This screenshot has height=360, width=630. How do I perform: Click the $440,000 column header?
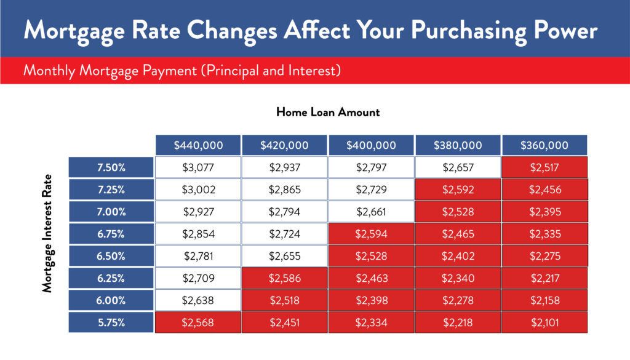point(198,145)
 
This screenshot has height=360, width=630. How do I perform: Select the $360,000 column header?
point(544,145)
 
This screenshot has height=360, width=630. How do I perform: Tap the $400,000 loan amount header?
point(371,145)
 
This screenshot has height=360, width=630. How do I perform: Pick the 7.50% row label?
point(111,167)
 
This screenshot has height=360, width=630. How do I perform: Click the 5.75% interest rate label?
point(111,322)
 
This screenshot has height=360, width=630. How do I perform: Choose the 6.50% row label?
point(111,256)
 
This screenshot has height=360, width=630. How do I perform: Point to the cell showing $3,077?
point(198,167)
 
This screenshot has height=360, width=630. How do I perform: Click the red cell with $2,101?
point(544,322)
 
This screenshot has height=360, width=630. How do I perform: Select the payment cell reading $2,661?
point(371,212)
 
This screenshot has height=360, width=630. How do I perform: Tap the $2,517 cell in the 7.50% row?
point(544,167)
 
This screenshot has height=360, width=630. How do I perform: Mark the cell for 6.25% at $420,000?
point(285,278)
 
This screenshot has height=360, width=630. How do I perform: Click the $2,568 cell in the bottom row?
point(198,322)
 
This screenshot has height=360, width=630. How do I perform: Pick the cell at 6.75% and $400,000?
point(371,234)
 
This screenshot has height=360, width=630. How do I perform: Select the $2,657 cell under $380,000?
point(458,167)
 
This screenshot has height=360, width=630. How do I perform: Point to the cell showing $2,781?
point(198,256)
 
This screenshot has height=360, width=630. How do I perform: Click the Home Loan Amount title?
point(328,112)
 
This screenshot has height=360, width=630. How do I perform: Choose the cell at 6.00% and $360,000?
point(544,300)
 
